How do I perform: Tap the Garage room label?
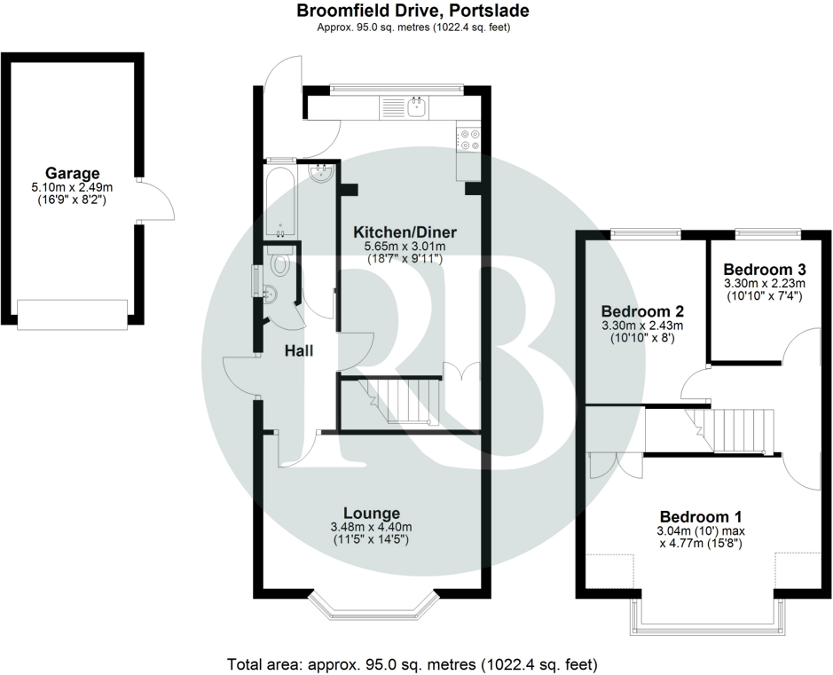tap(73, 173)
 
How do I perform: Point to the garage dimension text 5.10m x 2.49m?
tap(73, 187)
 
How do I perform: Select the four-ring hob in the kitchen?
tap(468, 139)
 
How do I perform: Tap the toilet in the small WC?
tap(281, 263)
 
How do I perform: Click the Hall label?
tap(299, 351)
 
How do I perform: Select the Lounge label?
tap(372, 513)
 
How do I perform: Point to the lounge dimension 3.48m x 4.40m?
tap(372, 527)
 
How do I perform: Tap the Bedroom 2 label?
tap(642, 312)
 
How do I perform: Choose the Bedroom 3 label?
tap(764, 269)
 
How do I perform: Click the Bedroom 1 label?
tap(701, 516)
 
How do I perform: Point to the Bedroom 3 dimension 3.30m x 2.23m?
tap(764, 283)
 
